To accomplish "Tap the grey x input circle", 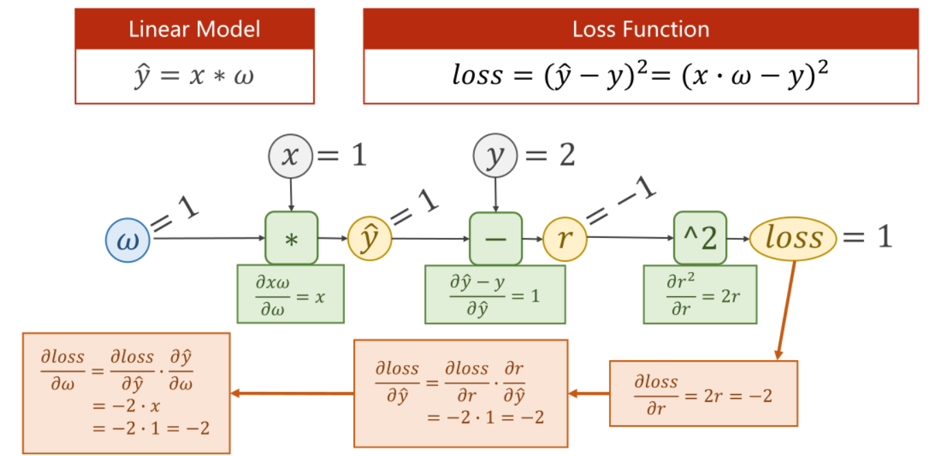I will pos(291,157).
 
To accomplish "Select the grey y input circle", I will pos(495,157).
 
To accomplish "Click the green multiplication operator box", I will pos(291,238).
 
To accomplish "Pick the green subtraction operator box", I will pos(495,238).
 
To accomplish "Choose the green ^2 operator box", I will pos(699,238).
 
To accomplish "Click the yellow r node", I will pos(565,239).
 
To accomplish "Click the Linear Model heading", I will pos(194,29).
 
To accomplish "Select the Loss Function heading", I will pos(640,29).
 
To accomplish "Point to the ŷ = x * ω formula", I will pos(194,76).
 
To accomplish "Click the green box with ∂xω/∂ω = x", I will pos(290,293).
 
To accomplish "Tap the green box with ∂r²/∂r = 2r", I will pos(699,294).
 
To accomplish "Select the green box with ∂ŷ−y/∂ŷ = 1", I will pos(495,294).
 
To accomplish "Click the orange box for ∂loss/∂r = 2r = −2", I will pos(703,392).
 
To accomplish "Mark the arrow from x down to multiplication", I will pos(291,193).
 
